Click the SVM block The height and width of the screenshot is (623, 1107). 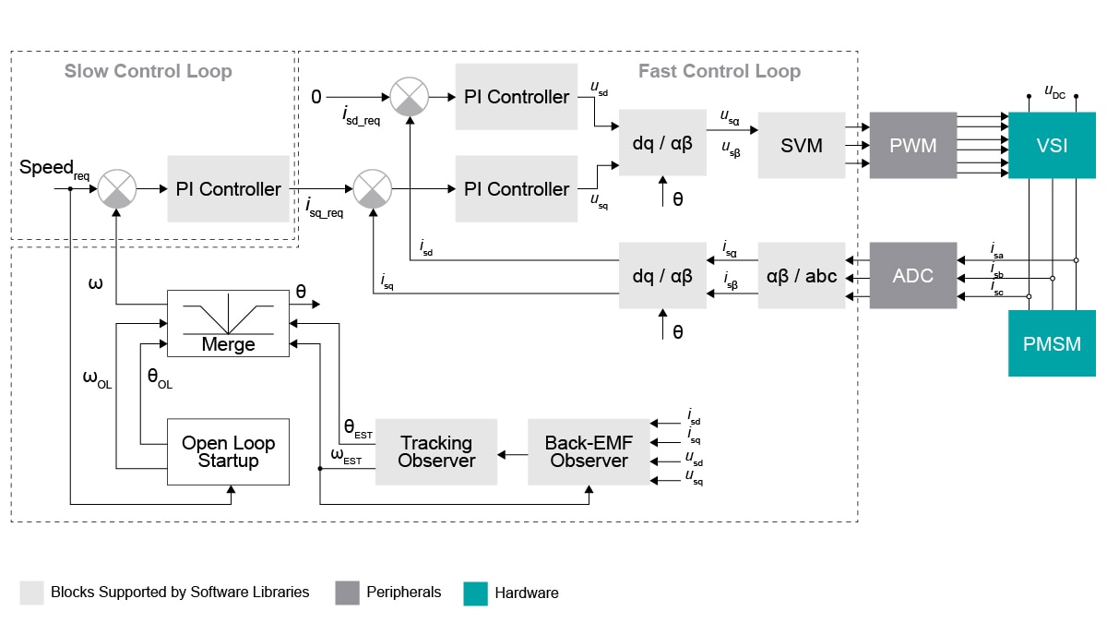[801, 145]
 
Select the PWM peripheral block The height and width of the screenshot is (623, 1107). [912, 145]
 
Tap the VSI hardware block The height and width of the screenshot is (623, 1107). [1052, 145]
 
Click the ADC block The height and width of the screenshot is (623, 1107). [912, 275]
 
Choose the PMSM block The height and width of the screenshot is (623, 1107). [1052, 343]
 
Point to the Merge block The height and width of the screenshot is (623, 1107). [228, 323]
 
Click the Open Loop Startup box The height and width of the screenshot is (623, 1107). [228, 451]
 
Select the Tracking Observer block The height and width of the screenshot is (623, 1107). [435, 451]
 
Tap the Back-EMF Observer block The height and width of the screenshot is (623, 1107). [589, 451]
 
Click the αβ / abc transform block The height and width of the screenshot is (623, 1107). [801, 275]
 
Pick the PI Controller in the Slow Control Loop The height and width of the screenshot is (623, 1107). [228, 188]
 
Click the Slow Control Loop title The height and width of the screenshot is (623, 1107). [148, 71]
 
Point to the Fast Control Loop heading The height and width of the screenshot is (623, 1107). [719, 71]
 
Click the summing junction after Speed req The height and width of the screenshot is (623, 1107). [117, 188]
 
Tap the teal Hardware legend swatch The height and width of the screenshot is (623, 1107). [475, 593]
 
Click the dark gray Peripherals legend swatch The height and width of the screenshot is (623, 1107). [347, 593]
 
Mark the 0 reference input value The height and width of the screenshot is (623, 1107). [316, 96]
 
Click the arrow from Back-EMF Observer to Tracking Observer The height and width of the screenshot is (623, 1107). [512, 453]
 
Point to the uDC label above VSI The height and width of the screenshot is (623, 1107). [1054, 90]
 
